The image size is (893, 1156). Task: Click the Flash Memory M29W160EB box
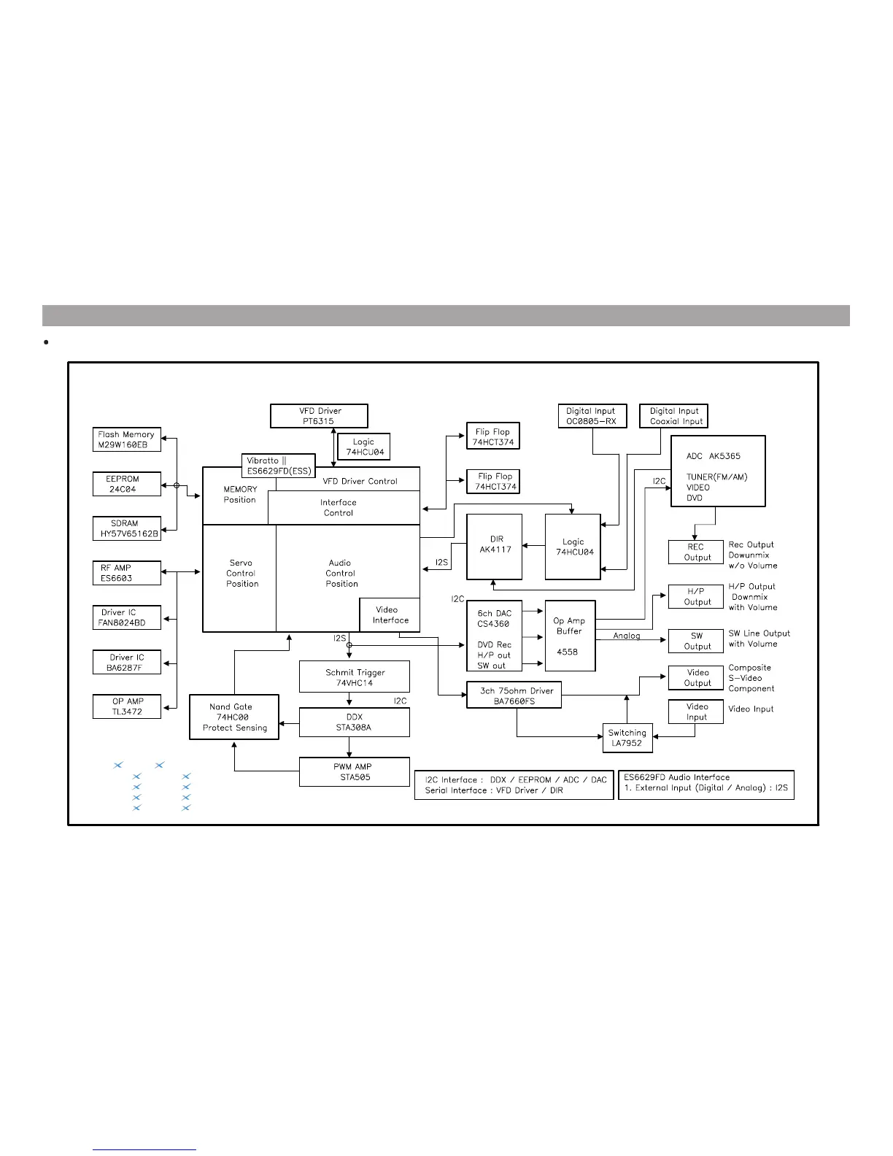(x=126, y=439)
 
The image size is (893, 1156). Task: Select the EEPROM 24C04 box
(x=126, y=484)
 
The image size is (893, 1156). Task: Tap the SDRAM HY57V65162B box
(x=126, y=528)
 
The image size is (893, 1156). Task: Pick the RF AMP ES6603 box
(x=126, y=573)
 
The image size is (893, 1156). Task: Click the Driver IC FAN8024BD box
(x=126, y=617)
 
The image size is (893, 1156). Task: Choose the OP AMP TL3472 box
(x=126, y=706)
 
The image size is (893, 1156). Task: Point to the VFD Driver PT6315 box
(x=319, y=416)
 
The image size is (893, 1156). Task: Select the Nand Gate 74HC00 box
(x=233, y=717)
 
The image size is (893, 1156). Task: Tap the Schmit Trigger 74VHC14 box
(x=354, y=677)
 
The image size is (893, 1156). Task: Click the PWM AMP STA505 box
(x=354, y=771)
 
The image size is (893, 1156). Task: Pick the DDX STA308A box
(x=354, y=722)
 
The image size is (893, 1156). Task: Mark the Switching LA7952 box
(x=627, y=738)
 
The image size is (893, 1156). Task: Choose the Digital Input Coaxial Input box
(x=673, y=416)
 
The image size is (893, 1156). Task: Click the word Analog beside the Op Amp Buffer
(x=626, y=636)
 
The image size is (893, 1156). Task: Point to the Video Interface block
(x=390, y=615)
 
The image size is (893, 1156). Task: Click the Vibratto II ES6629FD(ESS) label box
(x=278, y=466)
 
